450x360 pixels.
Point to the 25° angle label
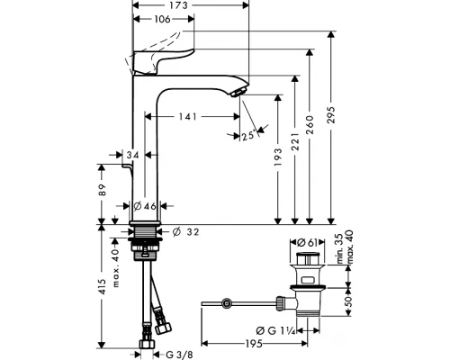tap(248, 136)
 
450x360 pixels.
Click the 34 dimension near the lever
tap(133, 156)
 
